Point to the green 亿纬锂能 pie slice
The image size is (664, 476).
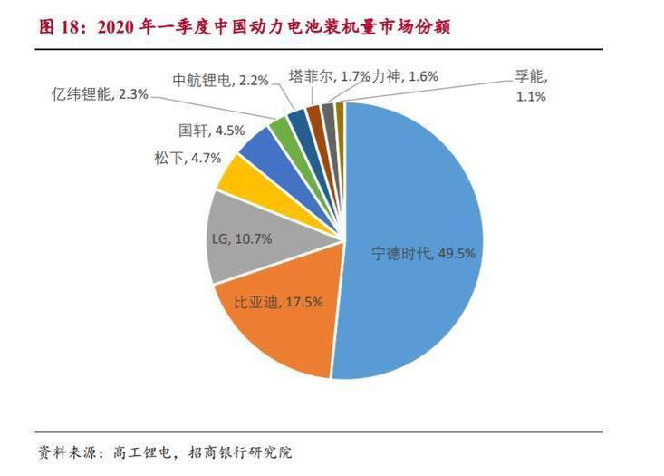[283, 131]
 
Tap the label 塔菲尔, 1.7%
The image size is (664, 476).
[329, 76]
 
